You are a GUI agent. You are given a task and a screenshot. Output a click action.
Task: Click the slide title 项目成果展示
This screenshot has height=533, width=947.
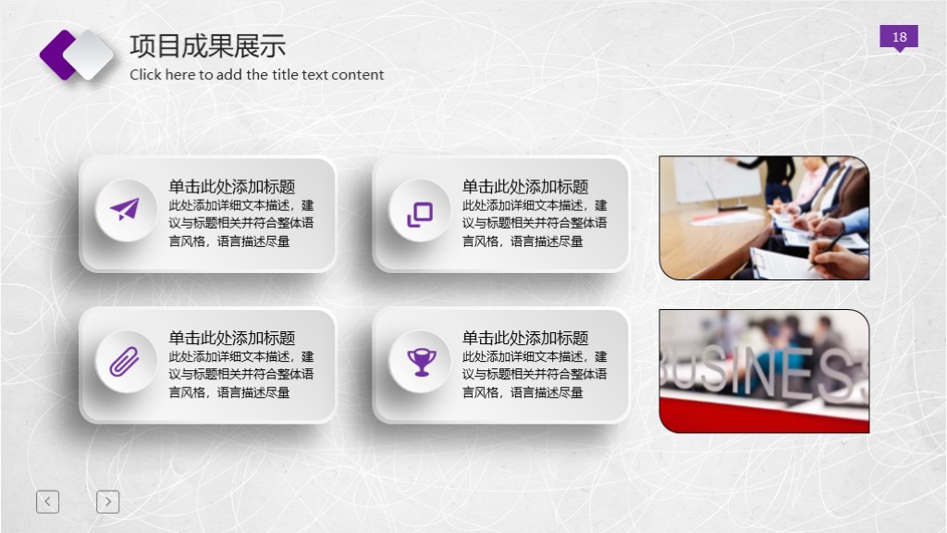[x=207, y=45]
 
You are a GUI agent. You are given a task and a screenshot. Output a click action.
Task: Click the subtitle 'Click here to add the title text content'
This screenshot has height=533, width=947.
[x=256, y=75]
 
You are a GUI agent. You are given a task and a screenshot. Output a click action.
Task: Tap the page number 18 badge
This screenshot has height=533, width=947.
[x=899, y=37]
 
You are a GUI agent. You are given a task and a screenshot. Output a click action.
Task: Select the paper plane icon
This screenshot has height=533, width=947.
[x=125, y=210]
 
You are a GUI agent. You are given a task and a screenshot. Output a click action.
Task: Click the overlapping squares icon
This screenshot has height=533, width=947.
[x=420, y=214]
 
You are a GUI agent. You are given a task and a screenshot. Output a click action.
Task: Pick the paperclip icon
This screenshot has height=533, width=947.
[x=125, y=361]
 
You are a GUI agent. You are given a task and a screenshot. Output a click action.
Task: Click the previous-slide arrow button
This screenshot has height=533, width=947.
[x=47, y=502]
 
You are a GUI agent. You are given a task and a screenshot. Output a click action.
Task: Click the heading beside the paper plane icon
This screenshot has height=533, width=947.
[x=231, y=187]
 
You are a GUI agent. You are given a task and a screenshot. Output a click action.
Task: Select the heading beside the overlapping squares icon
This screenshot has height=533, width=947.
[x=525, y=187]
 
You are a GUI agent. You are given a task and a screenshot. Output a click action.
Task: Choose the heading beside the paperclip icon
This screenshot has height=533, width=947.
[x=231, y=338]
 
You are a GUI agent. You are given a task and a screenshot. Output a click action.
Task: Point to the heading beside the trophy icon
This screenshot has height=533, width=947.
[x=525, y=338]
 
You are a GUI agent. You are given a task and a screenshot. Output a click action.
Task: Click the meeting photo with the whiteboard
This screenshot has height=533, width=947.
[x=764, y=217]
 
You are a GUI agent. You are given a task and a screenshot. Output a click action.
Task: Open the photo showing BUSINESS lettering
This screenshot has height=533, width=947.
[x=764, y=370]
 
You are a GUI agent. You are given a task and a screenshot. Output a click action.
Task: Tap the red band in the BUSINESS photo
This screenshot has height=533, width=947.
[x=764, y=417]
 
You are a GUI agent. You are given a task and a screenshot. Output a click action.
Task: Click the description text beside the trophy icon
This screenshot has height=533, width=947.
[x=535, y=375]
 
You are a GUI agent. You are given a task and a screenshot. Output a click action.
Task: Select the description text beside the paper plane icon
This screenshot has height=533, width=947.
[x=240, y=224]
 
